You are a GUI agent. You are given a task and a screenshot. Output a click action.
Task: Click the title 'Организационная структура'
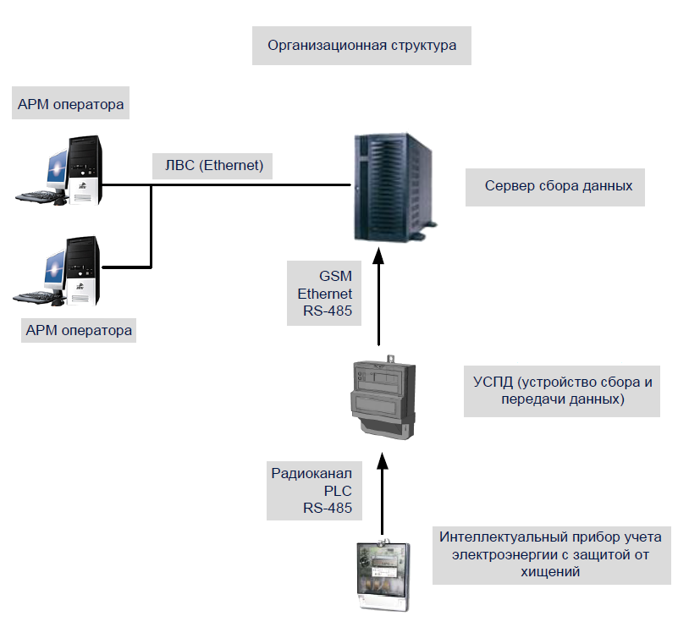tap(361, 46)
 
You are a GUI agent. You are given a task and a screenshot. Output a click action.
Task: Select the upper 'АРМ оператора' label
tap(71, 106)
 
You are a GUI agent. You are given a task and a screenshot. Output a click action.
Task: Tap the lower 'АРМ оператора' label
tap(79, 330)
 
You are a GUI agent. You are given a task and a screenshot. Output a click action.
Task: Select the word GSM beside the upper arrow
tap(336, 277)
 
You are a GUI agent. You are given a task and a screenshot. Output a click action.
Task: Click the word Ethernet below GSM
tap(324, 294)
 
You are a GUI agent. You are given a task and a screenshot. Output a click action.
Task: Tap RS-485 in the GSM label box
tap(327, 311)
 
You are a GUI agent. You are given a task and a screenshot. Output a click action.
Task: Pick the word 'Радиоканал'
tap(311, 473)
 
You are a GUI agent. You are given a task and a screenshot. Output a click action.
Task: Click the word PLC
tap(337, 491)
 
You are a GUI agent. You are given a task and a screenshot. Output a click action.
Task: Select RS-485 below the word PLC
tap(327, 509)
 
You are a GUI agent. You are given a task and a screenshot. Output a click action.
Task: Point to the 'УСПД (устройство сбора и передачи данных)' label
tap(562, 391)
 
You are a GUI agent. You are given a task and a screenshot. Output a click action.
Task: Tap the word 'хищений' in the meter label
tap(550, 572)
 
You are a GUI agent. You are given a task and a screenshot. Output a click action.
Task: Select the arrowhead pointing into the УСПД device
tap(383, 458)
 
